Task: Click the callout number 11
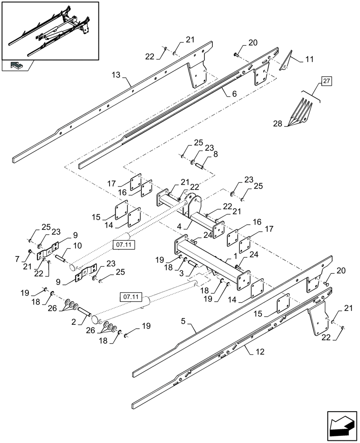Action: pos(309,58)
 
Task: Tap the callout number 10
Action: pos(77,245)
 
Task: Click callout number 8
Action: pos(215,155)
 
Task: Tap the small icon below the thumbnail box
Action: pos(16,66)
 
